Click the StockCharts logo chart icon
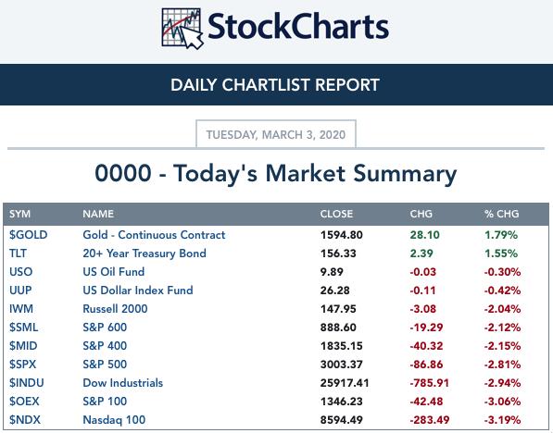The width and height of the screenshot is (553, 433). coord(182,28)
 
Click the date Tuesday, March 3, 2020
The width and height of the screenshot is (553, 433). coord(276,134)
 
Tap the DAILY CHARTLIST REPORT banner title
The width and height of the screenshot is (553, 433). coord(275,85)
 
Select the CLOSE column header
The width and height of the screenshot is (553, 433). coord(336,214)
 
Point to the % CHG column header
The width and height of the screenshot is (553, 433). coord(501,214)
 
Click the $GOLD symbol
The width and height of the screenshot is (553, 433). coord(28,235)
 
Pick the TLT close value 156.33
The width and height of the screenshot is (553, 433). coord(338,254)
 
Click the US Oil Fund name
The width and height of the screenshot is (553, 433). coord(114,272)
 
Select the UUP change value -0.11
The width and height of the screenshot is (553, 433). coord(422,291)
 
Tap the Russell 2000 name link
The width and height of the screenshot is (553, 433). coord(115,309)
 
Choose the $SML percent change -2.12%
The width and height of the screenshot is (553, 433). coord(502,328)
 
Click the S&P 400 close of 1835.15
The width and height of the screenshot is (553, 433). coord(342,346)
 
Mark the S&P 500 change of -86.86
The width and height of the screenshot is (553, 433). coord(426,365)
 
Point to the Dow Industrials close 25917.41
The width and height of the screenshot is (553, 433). coord(345,383)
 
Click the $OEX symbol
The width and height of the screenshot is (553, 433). coord(24,402)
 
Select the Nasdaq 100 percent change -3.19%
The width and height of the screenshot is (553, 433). coord(502,420)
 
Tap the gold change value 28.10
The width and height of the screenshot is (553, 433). coord(424,235)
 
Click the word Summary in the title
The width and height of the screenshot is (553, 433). coord(405,174)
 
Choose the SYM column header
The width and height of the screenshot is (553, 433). coord(19,214)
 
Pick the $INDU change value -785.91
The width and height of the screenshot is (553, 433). coord(429,383)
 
